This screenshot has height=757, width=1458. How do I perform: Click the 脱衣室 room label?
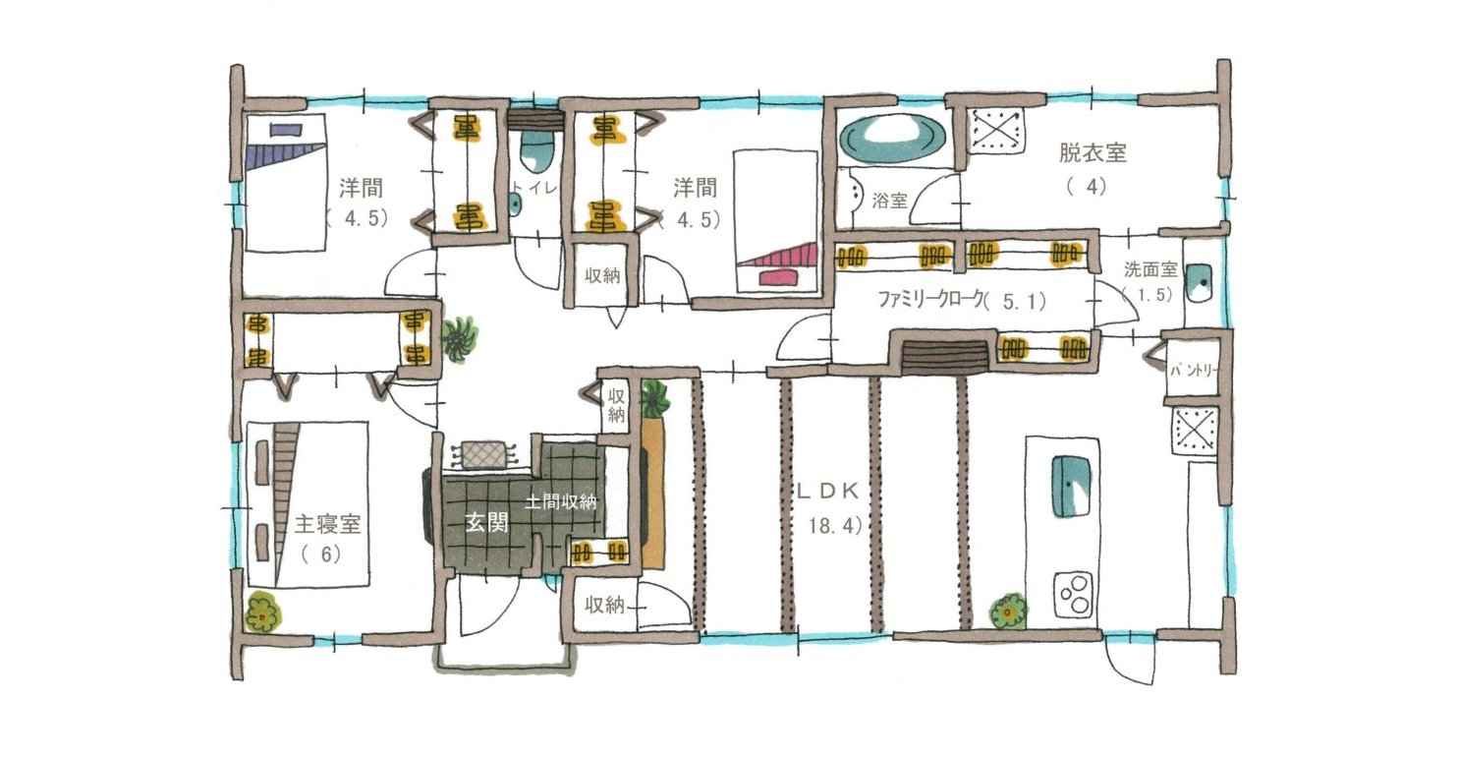coord(1093,152)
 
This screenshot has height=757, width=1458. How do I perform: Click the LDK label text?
coord(827,492)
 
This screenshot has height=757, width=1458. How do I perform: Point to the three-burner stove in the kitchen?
coord(1073,594)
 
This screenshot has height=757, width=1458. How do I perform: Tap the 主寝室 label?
coord(327,524)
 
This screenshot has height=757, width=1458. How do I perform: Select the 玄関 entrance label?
coord(486,522)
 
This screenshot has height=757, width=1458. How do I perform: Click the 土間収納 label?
coord(560,501)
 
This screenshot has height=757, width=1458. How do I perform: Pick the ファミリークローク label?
coord(930,299)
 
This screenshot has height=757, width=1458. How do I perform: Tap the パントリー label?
coord(1193,370)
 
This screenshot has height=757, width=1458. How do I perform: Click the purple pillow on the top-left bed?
coord(286,130)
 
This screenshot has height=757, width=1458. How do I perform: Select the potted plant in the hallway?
coord(460,339)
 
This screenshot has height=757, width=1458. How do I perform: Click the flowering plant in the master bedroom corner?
coord(262,611)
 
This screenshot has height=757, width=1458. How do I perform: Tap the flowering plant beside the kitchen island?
coord(1008,611)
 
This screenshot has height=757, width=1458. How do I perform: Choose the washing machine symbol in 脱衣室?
coord(995,131)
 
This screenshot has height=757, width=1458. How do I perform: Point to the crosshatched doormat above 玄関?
coord(483,454)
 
